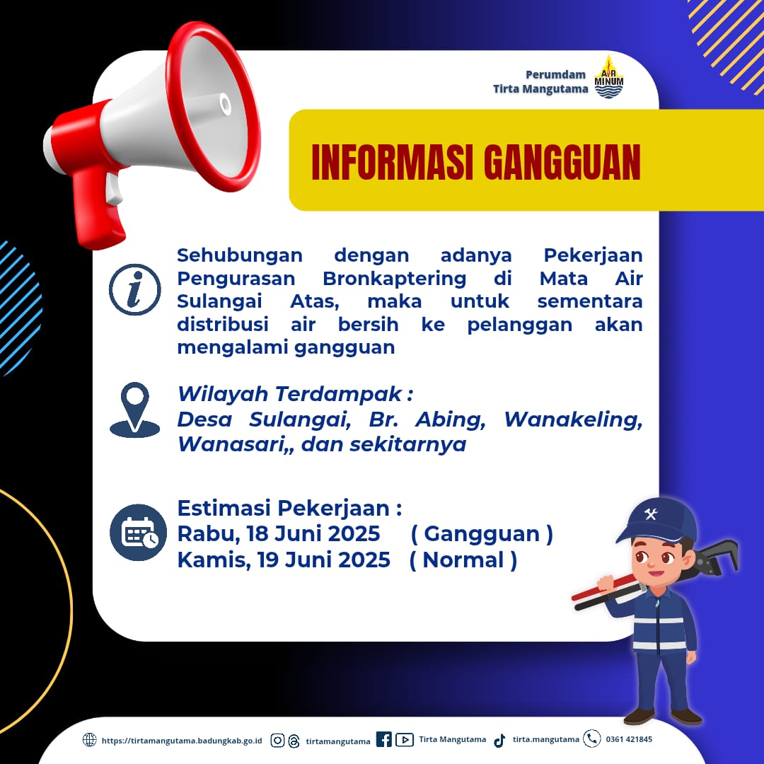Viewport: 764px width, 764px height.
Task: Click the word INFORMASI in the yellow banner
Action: click(392, 162)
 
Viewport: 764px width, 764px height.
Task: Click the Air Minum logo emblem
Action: click(608, 77)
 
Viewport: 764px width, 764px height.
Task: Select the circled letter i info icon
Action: click(134, 289)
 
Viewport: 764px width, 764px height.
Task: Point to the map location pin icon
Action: click(134, 410)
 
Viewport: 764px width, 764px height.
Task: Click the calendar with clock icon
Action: click(139, 532)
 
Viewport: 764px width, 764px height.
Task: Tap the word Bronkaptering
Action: click(394, 279)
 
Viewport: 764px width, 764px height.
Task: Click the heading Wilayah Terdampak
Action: click(295, 394)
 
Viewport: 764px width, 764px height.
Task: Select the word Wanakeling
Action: click(573, 419)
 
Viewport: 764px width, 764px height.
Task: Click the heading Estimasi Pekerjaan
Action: click(289, 508)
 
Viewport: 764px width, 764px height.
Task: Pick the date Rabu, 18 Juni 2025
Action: click(278, 533)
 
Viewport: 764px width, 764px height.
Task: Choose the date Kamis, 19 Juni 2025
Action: click(284, 560)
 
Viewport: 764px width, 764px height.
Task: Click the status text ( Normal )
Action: click(463, 560)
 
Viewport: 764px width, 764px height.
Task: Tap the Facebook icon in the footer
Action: click(384, 739)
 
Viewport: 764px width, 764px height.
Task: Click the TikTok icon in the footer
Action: click(499, 741)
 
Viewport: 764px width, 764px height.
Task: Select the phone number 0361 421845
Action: click(629, 739)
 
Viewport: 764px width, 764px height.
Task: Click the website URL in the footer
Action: click(182, 741)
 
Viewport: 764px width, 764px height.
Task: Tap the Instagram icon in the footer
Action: click(277, 741)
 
